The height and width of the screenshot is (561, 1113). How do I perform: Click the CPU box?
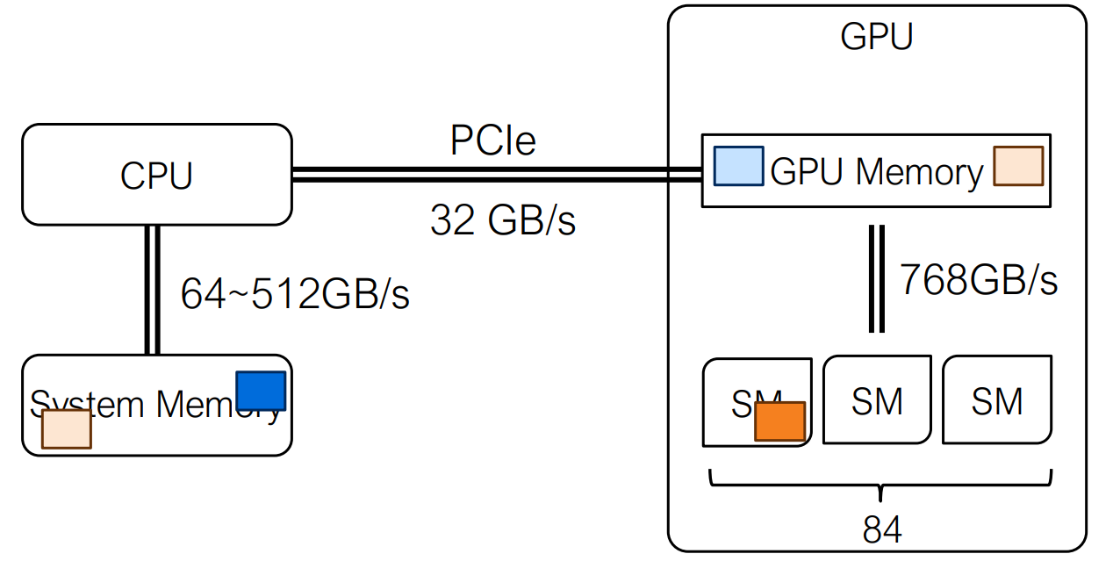coord(156,175)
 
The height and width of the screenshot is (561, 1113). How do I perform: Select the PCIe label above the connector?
coord(492,140)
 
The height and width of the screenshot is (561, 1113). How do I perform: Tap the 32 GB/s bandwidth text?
coord(502,220)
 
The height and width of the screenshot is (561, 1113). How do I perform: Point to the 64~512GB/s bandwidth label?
coord(295,295)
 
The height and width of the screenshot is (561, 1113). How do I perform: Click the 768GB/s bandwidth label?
coord(978,280)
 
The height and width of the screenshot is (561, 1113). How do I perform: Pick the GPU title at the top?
coord(876,37)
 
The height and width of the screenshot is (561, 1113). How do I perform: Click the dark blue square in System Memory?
coord(261,391)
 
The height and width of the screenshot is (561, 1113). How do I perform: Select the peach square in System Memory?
coord(67,429)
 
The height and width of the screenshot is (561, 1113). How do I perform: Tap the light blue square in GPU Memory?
coord(738,166)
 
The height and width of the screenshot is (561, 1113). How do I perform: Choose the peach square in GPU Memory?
coord(1018,166)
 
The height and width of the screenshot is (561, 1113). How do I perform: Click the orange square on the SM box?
coord(779,421)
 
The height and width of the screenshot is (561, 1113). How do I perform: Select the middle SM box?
coord(876,401)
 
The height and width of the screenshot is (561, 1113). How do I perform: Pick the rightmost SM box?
coord(997,401)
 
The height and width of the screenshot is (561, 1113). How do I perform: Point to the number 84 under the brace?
coord(881,530)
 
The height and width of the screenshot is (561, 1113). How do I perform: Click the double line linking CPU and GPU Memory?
coord(496,175)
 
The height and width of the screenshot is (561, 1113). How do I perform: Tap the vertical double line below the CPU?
coord(152,290)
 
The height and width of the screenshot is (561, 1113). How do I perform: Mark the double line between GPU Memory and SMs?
coord(876,279)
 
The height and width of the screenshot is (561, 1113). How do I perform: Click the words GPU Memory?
coord(876,172)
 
